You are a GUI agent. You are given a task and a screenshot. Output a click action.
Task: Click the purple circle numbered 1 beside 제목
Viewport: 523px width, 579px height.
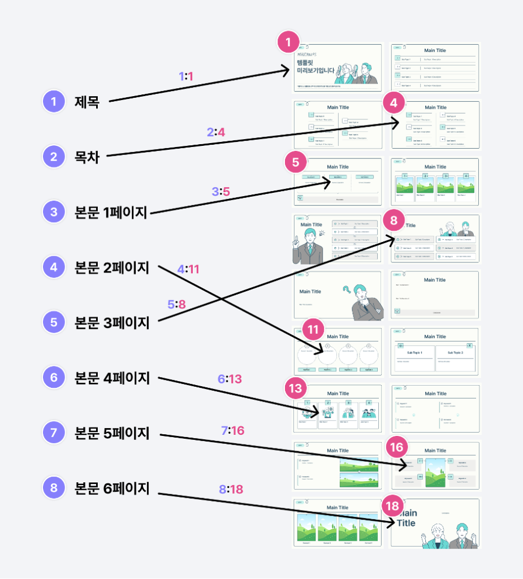click(54, 102)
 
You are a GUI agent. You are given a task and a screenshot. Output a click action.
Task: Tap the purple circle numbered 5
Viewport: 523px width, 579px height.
click(54, 322)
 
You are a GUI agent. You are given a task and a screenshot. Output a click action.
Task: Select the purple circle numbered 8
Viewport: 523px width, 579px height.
click(54, 488)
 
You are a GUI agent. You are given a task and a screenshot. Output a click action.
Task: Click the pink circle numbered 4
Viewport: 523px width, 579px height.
click(394, 102)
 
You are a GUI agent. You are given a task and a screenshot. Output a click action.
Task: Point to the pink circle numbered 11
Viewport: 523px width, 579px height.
click(314, 329)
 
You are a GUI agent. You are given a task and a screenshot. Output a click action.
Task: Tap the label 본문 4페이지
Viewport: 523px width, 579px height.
click(112, 377)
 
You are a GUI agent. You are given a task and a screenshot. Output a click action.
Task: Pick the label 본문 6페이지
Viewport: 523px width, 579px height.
click(112, 487)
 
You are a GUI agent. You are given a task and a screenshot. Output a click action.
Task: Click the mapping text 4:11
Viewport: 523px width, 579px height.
click(188, 269)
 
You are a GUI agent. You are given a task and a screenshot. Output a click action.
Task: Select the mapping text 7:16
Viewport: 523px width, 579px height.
click(232, 431)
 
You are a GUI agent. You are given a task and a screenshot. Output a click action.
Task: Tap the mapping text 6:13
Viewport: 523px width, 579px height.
click(230, 379)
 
